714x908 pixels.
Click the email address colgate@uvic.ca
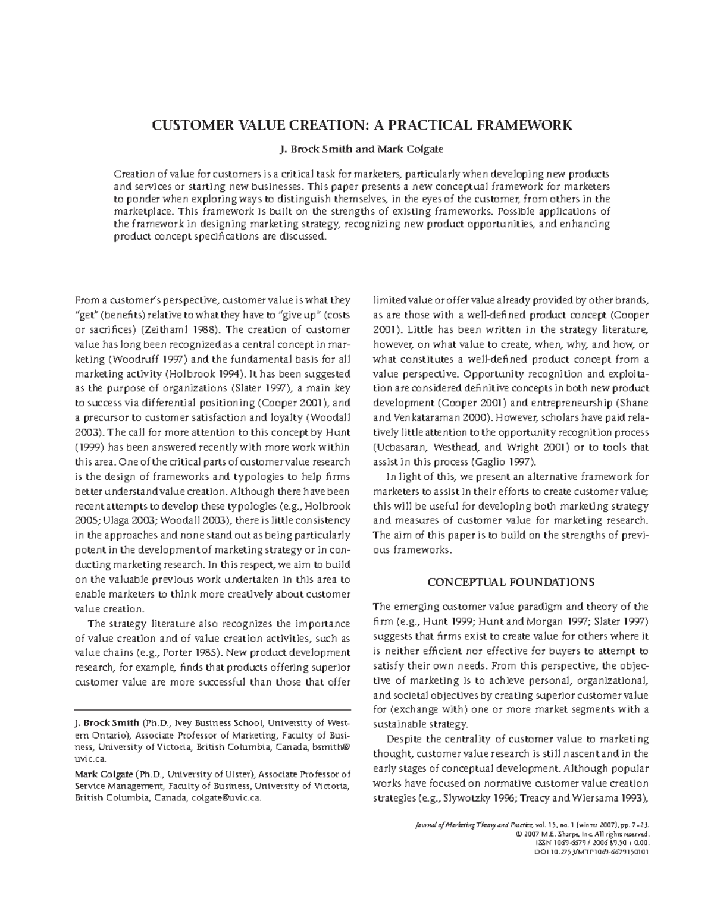click(x=225, y=799)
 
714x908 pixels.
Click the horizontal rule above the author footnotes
click(x=212, y=709)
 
